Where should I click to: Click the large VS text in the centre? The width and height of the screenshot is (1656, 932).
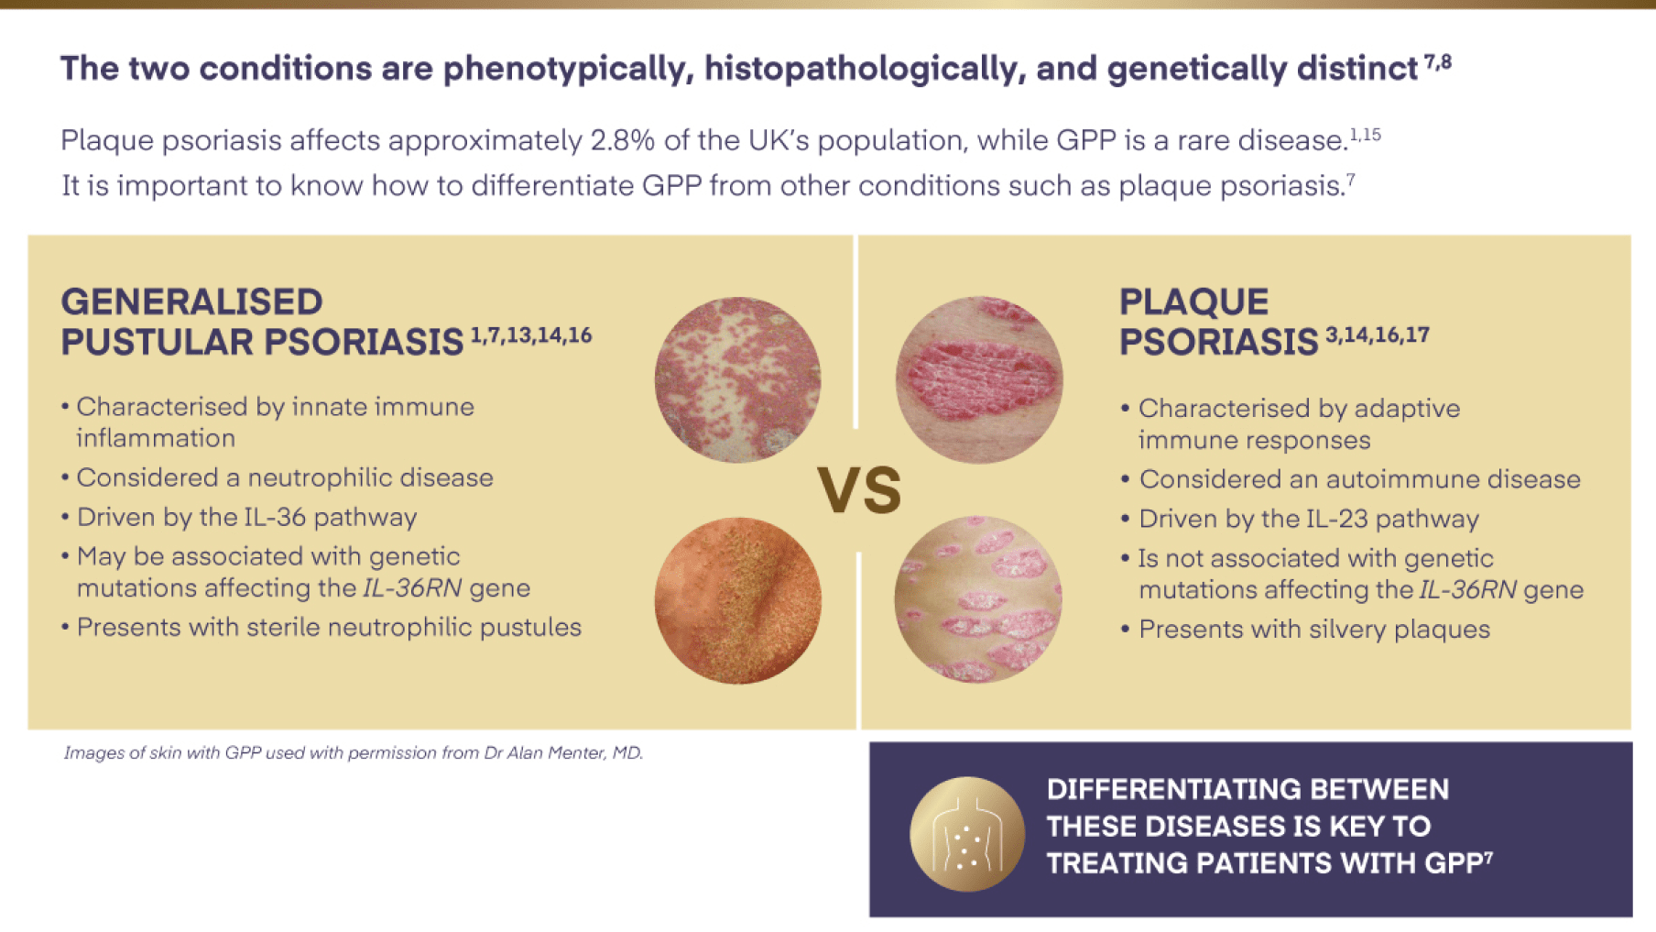[858, 490]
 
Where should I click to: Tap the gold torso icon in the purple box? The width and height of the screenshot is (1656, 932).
[966, 834]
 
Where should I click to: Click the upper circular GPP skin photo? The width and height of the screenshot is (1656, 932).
[737, 379]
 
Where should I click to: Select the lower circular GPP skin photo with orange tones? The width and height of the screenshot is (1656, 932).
[737, 600]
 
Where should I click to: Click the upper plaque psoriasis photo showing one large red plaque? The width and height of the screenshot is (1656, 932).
[979, 379]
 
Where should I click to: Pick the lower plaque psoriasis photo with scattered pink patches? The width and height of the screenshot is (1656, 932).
[978, 599]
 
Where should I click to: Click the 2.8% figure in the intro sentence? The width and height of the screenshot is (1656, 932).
[622, 140]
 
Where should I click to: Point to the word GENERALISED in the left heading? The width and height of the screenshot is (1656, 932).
[191, 302]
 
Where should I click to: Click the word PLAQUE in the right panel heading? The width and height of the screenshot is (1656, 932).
[1193, 302]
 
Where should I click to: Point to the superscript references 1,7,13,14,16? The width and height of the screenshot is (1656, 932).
[531, 335]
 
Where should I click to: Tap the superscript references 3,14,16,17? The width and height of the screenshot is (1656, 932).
[1377, 335]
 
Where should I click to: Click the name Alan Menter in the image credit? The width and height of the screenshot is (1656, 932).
[558, 752]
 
